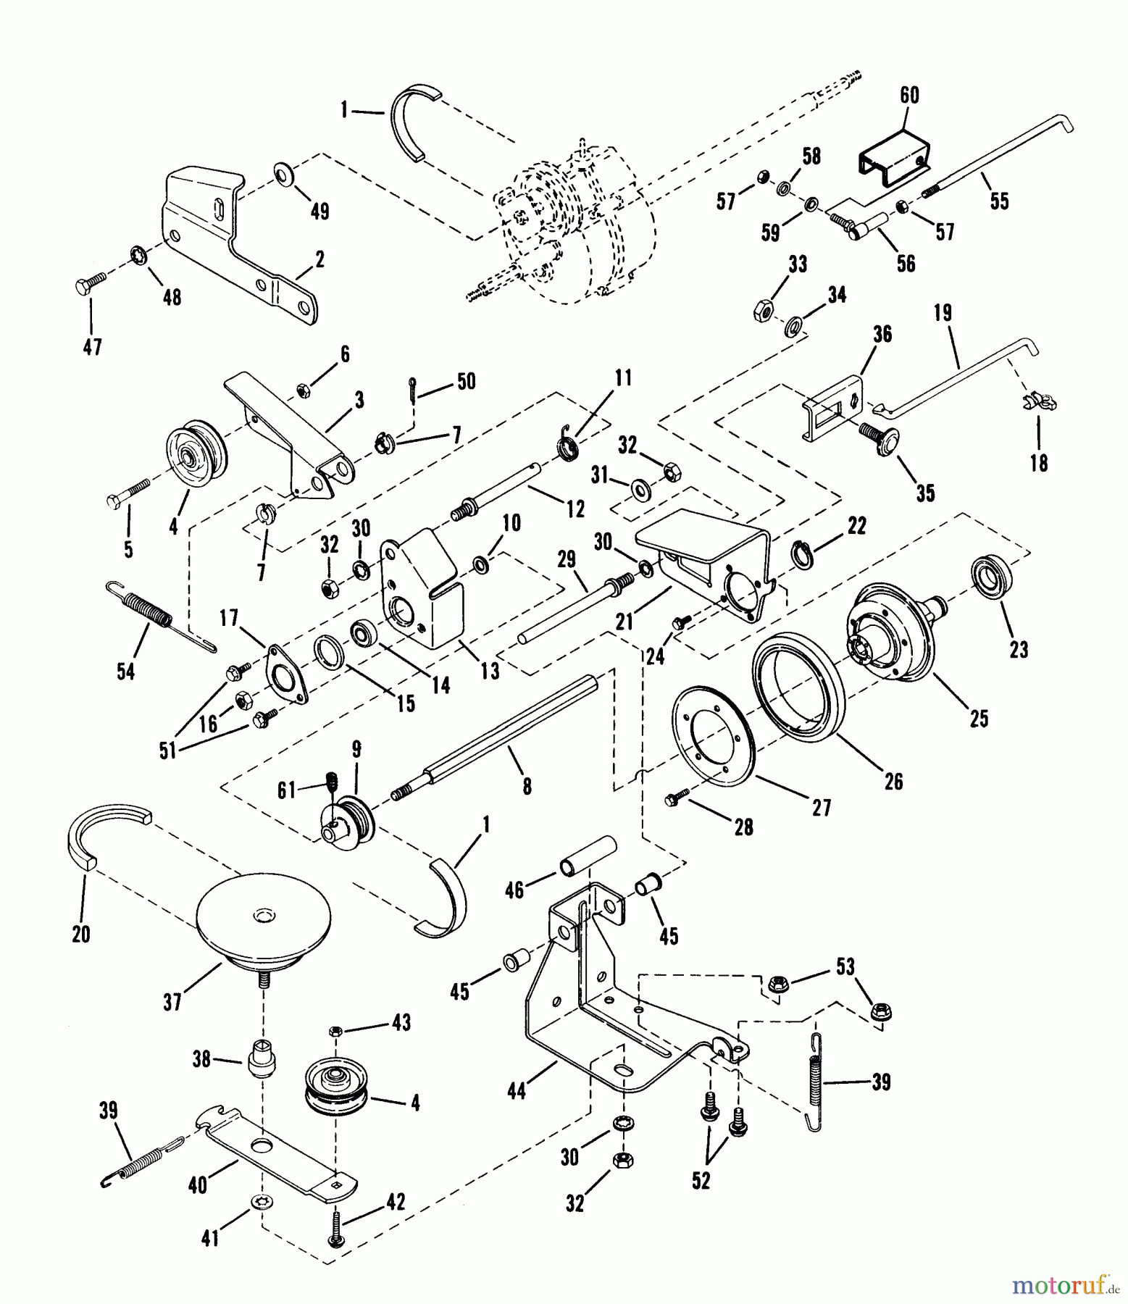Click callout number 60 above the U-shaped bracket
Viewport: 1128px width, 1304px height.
(x=908, y=95)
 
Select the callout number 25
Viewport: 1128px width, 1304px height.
(x=979, y=718)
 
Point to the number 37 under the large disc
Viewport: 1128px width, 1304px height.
(x=172, y=1002)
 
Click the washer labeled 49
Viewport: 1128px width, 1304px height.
(x=283, y=175)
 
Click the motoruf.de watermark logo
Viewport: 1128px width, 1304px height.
(x=1066, y=1287)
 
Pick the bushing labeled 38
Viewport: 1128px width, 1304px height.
(x=262, y=1060)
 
